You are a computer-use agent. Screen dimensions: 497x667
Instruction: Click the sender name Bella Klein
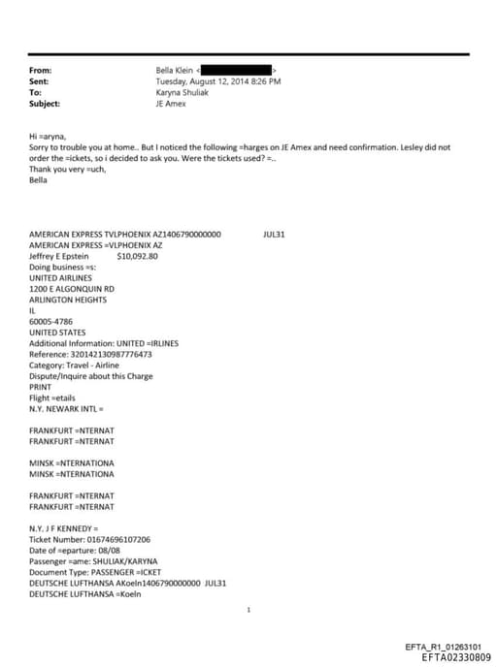175,71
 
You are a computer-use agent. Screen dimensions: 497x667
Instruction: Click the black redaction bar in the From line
236,71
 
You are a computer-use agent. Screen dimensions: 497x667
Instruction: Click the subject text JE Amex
171,103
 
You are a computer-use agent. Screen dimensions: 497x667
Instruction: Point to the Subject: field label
45,103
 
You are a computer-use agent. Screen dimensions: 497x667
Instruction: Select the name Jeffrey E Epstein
59,257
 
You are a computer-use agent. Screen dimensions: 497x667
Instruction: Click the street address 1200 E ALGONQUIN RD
72,289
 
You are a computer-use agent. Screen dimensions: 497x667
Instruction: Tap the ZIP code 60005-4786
51,321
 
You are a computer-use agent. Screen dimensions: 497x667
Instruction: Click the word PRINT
41,386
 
